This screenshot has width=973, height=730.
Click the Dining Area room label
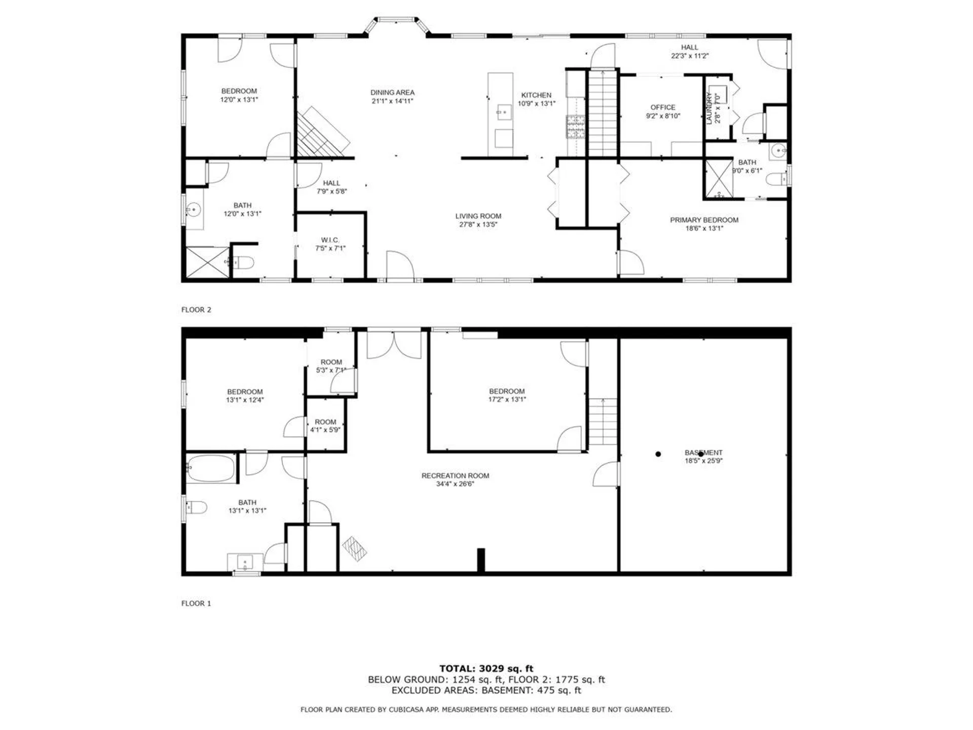392,92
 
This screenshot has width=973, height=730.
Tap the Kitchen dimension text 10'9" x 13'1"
536,104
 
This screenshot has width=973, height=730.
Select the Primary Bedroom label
704,220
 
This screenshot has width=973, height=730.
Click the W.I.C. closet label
330,240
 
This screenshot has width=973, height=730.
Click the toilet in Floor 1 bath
196,507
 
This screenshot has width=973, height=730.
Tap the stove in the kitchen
575,127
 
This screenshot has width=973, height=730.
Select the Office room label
663,107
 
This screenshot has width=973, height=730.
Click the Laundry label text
709,108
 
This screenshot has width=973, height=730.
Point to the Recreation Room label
455,476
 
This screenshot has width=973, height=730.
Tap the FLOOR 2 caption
196,310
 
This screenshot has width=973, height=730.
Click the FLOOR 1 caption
196,603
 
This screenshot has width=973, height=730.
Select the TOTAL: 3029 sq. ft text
486,669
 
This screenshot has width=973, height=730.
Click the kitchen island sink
503,113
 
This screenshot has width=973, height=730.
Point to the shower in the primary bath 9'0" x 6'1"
719,178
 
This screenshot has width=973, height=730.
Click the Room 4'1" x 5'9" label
325,422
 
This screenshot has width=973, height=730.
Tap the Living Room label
478,216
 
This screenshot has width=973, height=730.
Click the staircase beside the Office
603,114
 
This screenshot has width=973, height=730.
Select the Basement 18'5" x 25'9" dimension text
703,461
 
